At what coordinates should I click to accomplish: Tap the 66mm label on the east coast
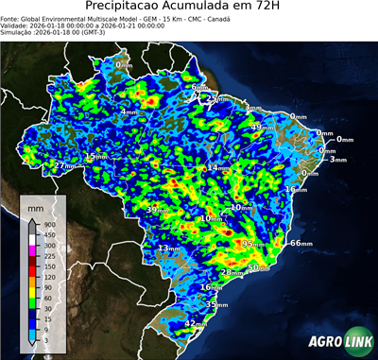pos(301,243)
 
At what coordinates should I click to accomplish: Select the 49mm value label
pos(260,127)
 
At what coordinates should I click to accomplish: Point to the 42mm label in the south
pos(195,324)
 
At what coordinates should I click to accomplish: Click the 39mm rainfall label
pos(157,209)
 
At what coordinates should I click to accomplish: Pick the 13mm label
pos(168,249)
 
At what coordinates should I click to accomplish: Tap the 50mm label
pos(257,267)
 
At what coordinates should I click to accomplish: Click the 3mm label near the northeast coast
pos(337,160)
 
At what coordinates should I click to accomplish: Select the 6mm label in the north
pos(198,88)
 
